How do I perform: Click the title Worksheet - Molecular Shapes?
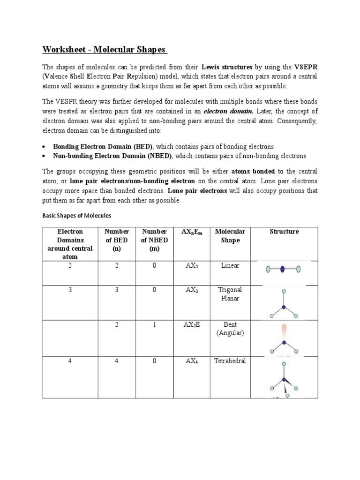[105, 50]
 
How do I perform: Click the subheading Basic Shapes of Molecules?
[76, 216]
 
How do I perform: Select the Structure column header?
[284, 232]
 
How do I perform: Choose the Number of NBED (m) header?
[155, 240]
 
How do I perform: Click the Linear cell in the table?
[230, 265]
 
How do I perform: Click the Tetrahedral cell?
[230, 361]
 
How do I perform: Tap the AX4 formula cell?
[192, 361]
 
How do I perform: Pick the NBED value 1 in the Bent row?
[155, 324]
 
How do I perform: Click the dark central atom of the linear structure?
[283, 270]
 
